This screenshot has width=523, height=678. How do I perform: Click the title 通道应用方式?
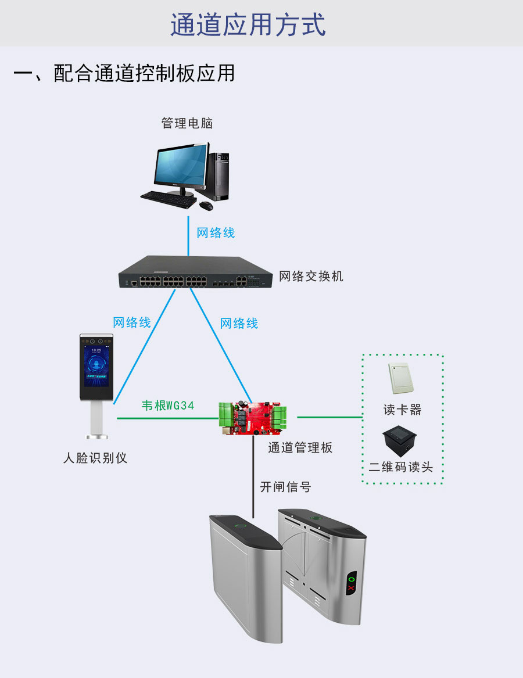coord(248,26)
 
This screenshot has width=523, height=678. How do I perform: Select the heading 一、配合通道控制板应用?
coord(124,74)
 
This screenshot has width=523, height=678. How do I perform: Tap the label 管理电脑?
coord(187,123)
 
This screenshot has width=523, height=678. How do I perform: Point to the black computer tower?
coord(220,176)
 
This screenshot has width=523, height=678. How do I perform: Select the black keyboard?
coord(169,199)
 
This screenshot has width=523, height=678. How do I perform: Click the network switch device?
coord(195,274)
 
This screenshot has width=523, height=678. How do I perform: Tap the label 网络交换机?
coord(311,276)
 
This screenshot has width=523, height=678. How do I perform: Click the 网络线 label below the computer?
coord(216,233)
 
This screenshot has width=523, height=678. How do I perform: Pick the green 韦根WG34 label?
coord(168,406)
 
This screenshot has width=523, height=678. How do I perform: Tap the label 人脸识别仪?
coord(95,458)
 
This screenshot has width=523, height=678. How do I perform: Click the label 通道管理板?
coord(300,447)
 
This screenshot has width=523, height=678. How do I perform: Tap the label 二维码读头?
coord(401,467)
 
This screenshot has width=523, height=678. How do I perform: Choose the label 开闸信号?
coord(285,487)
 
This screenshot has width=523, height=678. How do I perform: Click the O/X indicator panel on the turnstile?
coord(350,583)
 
